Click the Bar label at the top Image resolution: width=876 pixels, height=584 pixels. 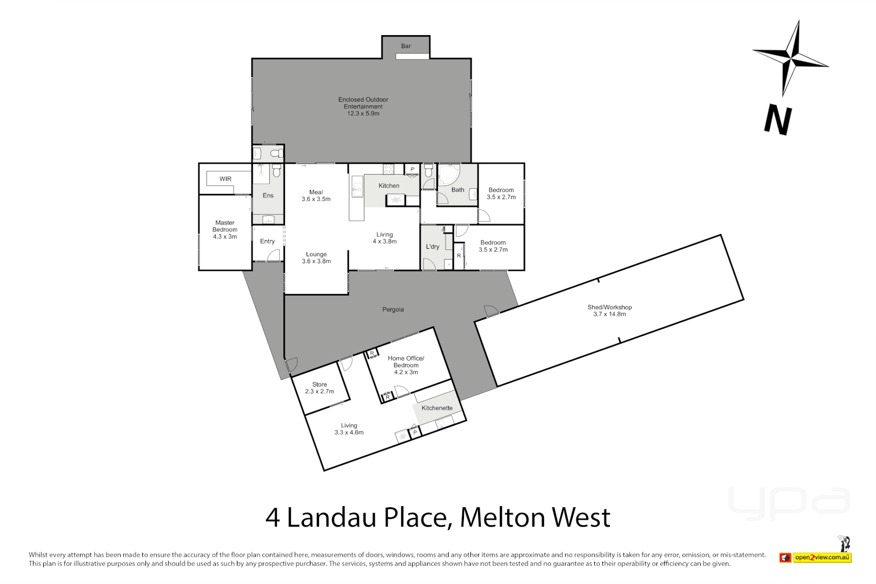(x=406, y=46)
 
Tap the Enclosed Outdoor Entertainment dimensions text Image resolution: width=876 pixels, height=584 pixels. (x=363, y=114)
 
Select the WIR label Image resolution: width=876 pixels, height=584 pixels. (x=225, y=179)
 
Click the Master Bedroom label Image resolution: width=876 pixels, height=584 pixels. (x=225, y=229)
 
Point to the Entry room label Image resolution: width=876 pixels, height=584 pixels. (x=267, y=241)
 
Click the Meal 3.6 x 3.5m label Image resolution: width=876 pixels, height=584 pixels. (x=316, y=196)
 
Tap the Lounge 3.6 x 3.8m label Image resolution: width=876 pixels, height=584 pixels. (x=316, y=257)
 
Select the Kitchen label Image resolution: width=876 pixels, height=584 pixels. (x=389, y=185)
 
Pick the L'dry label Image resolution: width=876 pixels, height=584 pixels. (x=433, y=247)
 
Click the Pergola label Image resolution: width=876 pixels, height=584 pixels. (x=393, y=309)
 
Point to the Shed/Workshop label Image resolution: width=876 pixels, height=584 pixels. (x=609, y=310)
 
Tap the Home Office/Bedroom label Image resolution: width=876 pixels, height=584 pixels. (x=406, y=365)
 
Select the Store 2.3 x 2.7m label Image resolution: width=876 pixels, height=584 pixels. (x=319, y=388)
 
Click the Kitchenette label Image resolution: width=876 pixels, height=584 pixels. (x=437, y=408)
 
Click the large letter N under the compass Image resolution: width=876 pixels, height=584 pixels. (x=778, y=120)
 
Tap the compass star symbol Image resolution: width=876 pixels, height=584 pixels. (x=792, y=57)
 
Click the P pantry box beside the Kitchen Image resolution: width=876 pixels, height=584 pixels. (x=413, y=169)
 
